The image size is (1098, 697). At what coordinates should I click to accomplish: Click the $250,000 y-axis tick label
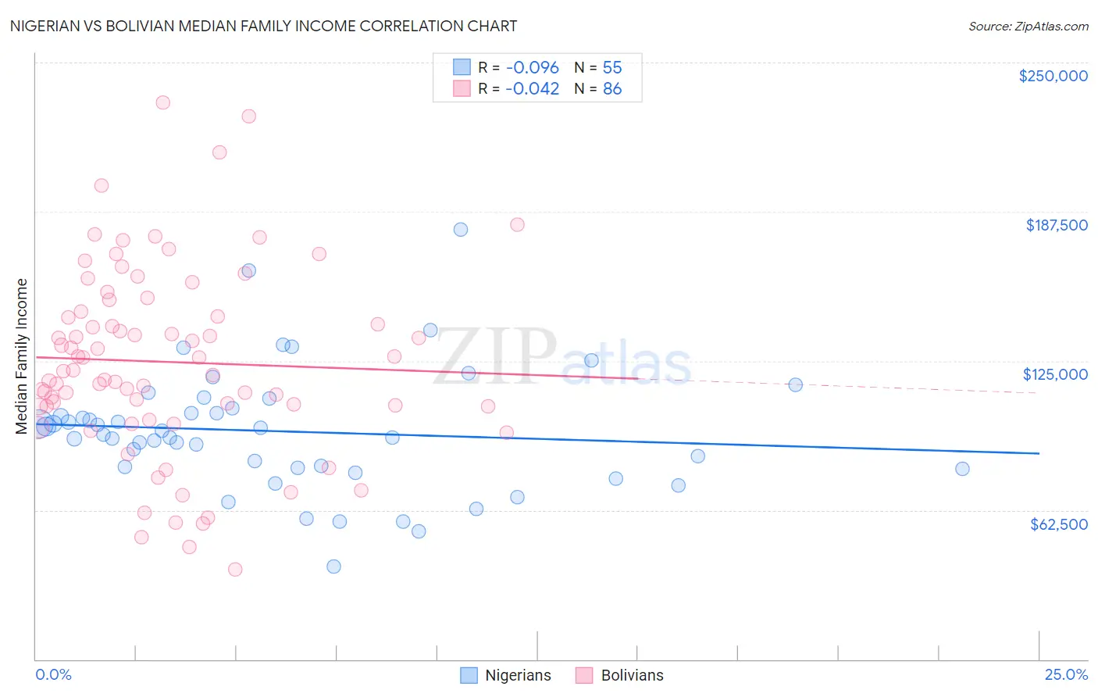1053,76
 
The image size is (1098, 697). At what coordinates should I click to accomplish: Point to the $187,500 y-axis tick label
1056,225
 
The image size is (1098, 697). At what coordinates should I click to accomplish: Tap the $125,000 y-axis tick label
1055,374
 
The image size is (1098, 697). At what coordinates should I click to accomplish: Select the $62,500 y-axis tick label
1058,524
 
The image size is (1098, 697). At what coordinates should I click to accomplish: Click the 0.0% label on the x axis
53,674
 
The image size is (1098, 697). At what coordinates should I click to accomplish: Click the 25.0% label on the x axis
1066,674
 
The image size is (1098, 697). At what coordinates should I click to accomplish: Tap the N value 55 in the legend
611,68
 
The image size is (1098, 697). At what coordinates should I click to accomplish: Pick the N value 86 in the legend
611,89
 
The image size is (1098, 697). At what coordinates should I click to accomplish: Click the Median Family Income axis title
22,356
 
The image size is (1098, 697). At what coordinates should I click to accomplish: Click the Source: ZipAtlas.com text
1028,27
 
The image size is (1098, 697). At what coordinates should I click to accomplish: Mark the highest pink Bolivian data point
162,102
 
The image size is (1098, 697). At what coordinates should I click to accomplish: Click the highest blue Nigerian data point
461,229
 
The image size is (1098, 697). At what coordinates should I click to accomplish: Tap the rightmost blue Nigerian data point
962,469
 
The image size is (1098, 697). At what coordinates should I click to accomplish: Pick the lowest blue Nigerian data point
333,567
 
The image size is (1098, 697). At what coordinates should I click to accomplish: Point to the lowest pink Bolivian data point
235,570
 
